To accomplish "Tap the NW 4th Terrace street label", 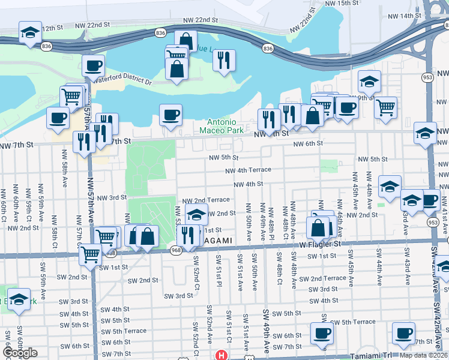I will pos(248,170).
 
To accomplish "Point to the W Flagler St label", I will pos(320,244).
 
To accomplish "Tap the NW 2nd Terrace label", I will pos(205,200).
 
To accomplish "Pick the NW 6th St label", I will pos(308,143).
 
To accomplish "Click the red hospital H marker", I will pos(221,355).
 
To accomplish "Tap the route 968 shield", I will pos(175,251).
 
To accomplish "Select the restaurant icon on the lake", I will pos(224,59).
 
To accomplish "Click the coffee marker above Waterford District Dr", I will pos(93,65).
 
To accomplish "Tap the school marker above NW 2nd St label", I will pos(196,214).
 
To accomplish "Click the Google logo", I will pos(20,353).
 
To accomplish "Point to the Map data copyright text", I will pos(423,355).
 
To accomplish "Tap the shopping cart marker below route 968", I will pos(91,254).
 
